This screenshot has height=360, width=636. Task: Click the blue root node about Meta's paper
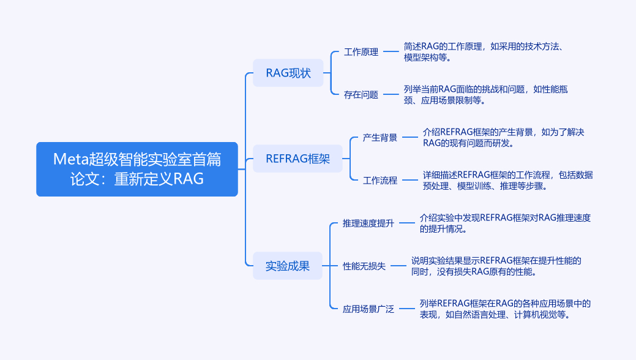pyautogui.click(x=137, y=170)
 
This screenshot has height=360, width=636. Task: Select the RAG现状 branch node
pyautogui.click(x=288, y=73)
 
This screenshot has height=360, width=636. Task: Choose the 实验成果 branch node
pyautogui.click(x=288, y=266)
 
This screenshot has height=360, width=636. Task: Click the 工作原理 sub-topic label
pyautogui.click(x=361, y=52)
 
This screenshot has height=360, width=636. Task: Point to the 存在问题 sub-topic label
pyautogui.click(x=361, y=94)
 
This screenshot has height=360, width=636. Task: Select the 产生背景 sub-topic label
pyautogui.click(x=380, y=138)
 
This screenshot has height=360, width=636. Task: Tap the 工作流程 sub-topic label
pyautogui.click(x=380, y=180)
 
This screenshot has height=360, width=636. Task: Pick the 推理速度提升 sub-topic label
pyautogui.click(x=369, y=223)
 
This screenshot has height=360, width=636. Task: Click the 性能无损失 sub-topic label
pyautogui.click(x=364, y=266)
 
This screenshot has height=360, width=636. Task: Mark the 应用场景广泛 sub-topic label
pyautogui.click(x=369, y=309)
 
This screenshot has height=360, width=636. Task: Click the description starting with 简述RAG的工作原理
pyautogui.click(x=487, y=52)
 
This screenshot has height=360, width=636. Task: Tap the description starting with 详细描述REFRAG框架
pyautogui.click(x=507, y=180)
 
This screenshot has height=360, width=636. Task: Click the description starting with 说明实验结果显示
pyautogui.click(x=496, y=266)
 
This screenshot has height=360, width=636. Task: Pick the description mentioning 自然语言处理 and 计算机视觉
pyautogui.click(x=505, y=309)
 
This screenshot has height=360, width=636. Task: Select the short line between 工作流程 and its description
pyautogui.click(x=410, y=180)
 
